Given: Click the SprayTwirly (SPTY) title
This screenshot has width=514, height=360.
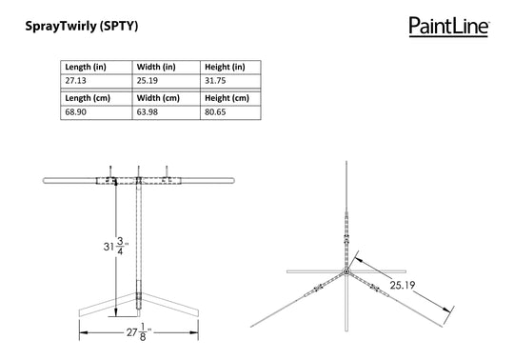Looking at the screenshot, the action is (82, 26).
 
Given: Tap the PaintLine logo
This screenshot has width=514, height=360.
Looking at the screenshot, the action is (449, 27).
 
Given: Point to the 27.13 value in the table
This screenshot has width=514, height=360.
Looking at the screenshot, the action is (75, 81).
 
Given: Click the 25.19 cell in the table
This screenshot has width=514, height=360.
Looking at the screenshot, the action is (148, 81).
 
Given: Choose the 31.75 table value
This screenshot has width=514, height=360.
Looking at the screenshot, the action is (215, 81).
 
